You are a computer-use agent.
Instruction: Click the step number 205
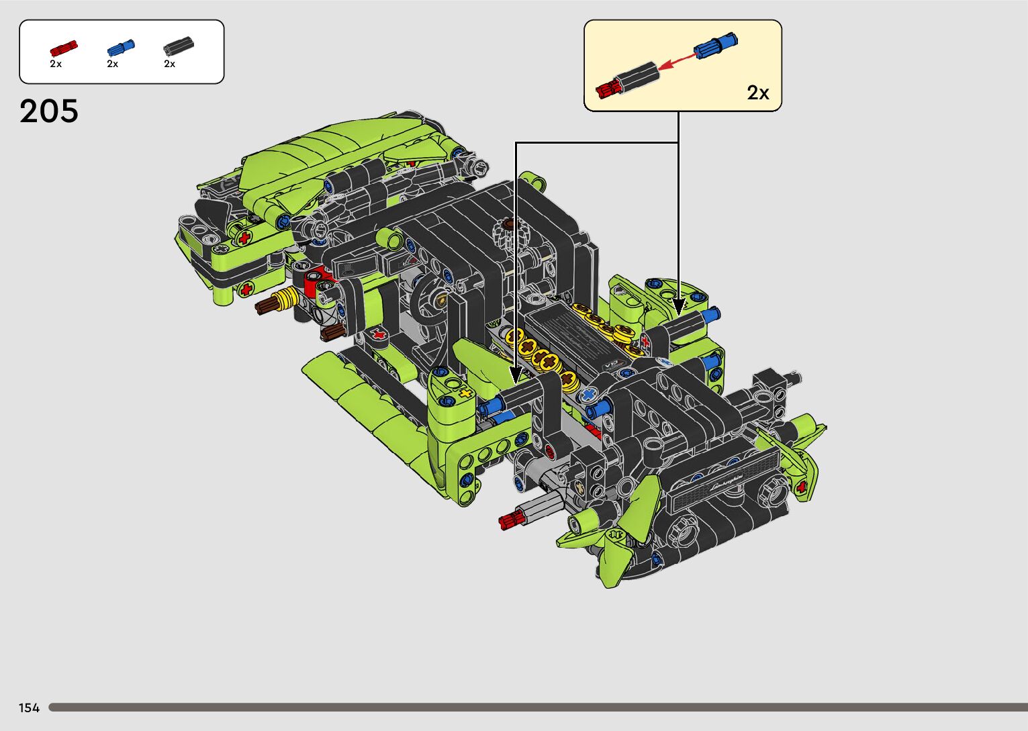click(x=48, y=111)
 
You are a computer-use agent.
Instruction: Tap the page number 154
click(x=29, y=708)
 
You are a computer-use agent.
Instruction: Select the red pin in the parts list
click(x=63, y=48)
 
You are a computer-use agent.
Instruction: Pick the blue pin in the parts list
click(x=121, y=47)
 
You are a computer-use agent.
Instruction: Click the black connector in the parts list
click(x=178, y=46)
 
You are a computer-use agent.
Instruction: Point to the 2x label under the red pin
click(x=56, y=64)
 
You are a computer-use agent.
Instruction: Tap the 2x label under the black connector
click(x=169, y=64)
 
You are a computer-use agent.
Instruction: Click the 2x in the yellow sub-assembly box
click(x=757, y=93)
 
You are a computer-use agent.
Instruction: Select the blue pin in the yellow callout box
click(x=716, y=45)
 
